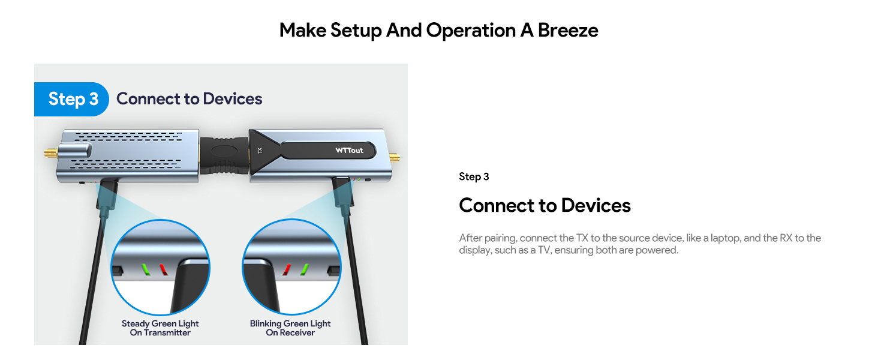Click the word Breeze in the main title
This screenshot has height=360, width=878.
[568, 30]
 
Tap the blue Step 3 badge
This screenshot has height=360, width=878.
[72, 99]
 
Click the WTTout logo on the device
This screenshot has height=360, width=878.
[349, 150]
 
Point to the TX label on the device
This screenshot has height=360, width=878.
[260, 151]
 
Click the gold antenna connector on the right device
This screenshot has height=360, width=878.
[396, 159]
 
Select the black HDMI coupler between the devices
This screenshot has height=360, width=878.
[224, 153]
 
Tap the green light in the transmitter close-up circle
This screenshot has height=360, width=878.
[144, 268]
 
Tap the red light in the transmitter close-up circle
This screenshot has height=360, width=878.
[162, 268]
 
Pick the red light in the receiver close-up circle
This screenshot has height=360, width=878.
[287, 268]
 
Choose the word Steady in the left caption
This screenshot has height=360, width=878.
[136, 323]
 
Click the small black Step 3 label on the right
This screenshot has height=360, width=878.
[474, 176]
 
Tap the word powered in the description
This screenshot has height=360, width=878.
[660, 250]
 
